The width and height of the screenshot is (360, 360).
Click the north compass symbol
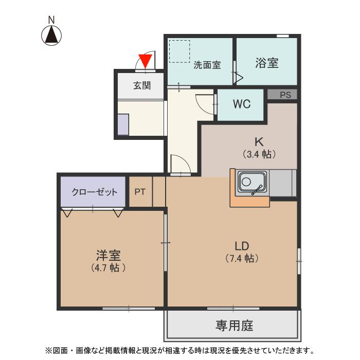click(51, 34)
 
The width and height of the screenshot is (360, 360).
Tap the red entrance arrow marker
click(146, 61)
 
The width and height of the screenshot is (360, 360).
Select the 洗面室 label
click(207, 65)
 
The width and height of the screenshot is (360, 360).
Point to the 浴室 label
click(267, 63)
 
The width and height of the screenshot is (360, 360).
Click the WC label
click(241, 104)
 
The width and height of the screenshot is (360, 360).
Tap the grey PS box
click(285, 95)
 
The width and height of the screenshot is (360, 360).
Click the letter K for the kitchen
click(259, 141)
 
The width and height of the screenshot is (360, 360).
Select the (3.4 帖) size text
click(260, 153)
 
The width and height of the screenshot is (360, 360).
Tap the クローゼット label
click(94, 192)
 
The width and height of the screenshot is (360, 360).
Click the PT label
click(140, 192)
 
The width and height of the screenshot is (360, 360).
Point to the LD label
click(241, 244)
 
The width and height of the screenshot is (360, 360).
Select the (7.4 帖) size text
click(241, 258)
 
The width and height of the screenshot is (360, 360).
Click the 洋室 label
click(108, 255)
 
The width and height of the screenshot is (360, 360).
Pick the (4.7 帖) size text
click(107, 267)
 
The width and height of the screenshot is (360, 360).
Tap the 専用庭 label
click(234, 326)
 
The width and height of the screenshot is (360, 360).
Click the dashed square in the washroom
click(179, 51)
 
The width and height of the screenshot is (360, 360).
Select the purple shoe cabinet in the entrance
click(123, 124)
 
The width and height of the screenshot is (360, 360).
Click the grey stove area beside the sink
click(282, 183)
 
